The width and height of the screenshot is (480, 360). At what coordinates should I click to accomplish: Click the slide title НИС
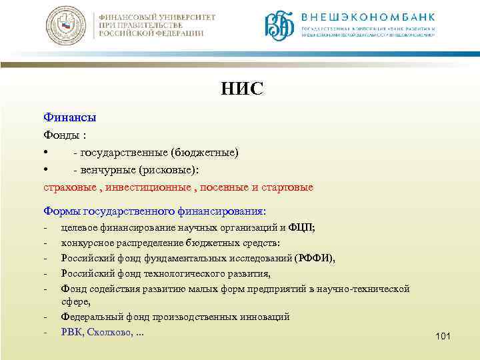click(243, 89)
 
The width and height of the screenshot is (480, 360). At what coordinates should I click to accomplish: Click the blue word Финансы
click(69, 117)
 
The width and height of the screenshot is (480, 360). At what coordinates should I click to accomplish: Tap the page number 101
click(443, 337)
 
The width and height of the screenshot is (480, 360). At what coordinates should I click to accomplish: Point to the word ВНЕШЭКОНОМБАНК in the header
click(369, 17)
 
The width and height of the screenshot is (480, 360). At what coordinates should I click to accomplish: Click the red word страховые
click(69, 187)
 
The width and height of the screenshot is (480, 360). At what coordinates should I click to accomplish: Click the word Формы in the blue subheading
click(62, 211)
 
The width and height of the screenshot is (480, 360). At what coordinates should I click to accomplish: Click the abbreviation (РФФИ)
click(313, 258)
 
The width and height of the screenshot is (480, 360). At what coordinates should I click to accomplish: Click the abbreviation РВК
click(72, 331)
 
